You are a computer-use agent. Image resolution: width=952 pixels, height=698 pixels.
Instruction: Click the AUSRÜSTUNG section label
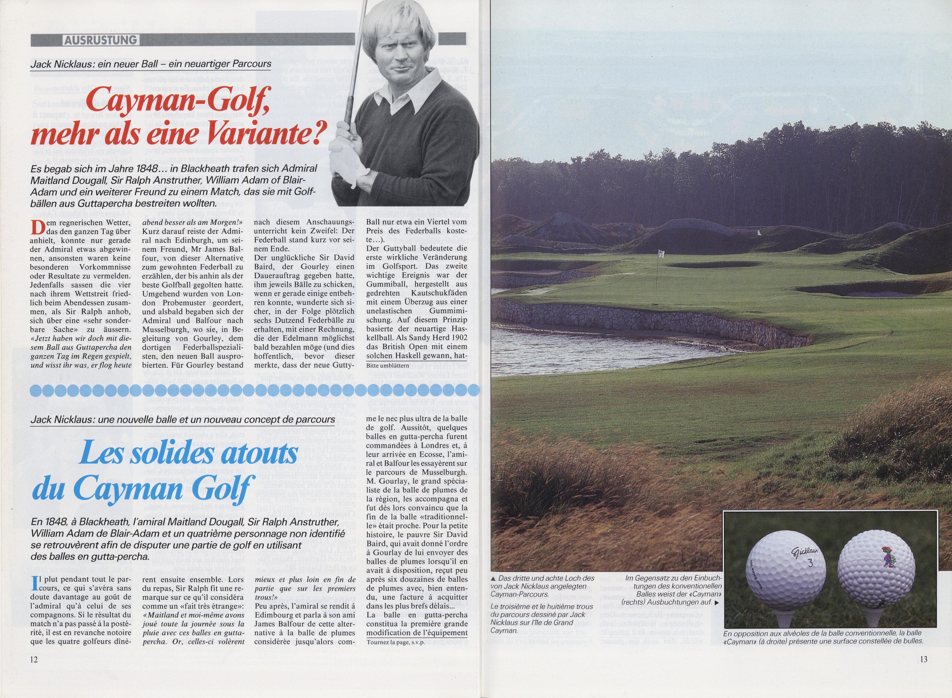(101, 40)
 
